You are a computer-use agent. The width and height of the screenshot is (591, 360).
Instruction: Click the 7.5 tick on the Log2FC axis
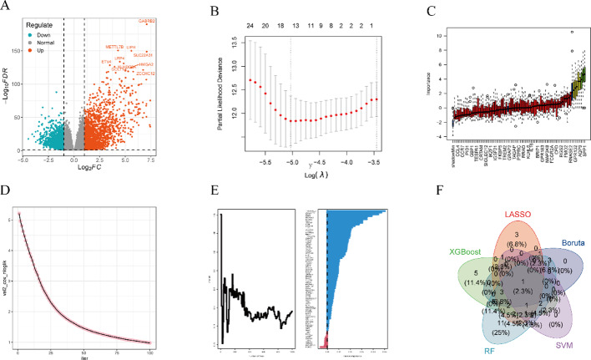pos(150,161)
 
